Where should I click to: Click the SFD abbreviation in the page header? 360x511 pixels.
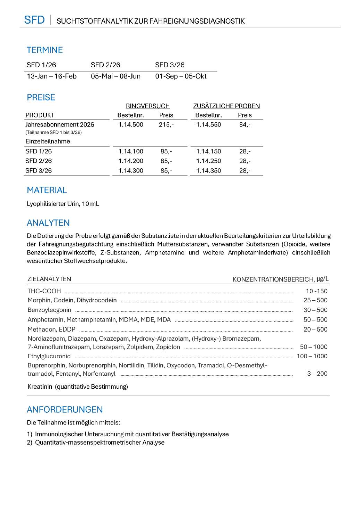pyautogui.click(x=34, y=20)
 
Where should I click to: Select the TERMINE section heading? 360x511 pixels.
pyautogui.click(x=45, y=50)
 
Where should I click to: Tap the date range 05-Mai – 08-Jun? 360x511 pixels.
pyautogui.click(x=115, y=76)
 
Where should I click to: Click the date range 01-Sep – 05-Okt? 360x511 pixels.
pyautogui.click(x=181, y=76)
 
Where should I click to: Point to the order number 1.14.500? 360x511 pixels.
pyautogui.click(x=130, y=125)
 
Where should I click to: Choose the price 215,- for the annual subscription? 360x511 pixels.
pyautogui.click(x=166, y=125)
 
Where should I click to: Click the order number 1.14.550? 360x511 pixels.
pyautogui.click(x=208, y=125)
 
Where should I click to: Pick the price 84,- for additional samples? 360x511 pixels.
pyautogui.click(x=245, y=125)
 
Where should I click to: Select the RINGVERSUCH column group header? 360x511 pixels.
pyautogui.click(x=147, y=106)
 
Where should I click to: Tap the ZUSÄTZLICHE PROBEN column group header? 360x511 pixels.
pyautogui.click(x=226, y=106)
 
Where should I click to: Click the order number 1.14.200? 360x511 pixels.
pyautogui.click(x=130, y=161)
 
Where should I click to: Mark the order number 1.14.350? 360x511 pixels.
pyautogui.click(x=208, y=171)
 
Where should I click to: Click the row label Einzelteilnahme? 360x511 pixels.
pyautogui.click(x=48, y=142)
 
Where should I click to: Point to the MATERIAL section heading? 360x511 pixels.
pyautogui.click(x=47, y=190)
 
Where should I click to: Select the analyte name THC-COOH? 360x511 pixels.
pyautogui.click(x=44, y=291)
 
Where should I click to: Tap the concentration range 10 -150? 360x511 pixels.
pyautogui.click(x=316, y=291)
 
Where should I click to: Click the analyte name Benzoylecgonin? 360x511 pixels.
pyautogui.click(x=49, y=310)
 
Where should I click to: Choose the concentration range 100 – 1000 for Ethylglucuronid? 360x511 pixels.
pyautogui.click(x=312, y=356)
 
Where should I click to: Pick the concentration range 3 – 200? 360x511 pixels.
pyautogui.click(x=317, y=374)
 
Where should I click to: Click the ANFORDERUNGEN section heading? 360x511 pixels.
pyautogui.click(x=65, y=410)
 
